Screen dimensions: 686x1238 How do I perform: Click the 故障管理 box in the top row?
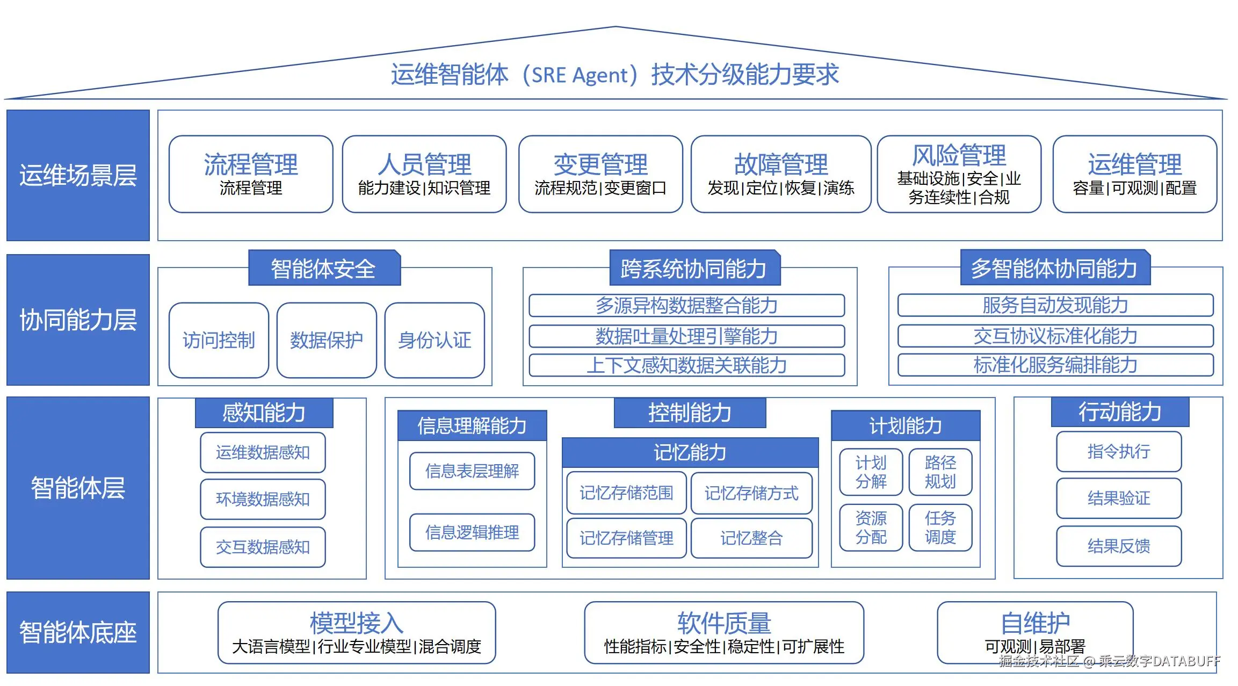tap(780, 174)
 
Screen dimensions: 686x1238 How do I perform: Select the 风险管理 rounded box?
tap(959, 174)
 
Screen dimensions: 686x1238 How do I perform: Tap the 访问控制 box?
tap(219, 340)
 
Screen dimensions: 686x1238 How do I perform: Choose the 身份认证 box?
tap(435, 340)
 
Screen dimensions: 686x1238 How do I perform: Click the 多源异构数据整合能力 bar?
tap(686, 306)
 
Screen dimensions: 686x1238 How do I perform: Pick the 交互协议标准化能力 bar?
tap(1055, 336)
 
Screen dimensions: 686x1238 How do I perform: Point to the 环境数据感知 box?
tap(263, 499)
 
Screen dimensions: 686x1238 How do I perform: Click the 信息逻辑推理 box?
tap(472, 532)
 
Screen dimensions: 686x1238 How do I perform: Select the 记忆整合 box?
tap(751, 538)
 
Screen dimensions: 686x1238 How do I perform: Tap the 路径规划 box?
tap(940, 472)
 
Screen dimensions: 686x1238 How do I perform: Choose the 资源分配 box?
tap(871, 528)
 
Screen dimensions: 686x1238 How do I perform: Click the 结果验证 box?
tap(1119, 498)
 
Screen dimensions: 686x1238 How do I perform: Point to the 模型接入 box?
tap(356, 633)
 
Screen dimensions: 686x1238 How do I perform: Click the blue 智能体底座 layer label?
tap(78, 632)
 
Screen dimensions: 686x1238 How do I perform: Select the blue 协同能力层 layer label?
tap(78, 320)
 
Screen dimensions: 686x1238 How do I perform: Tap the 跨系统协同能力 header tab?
tap(694, 268)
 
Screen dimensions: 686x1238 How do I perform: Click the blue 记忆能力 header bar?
tap(690, 452)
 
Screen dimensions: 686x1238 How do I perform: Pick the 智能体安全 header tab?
tap(324, 268)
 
